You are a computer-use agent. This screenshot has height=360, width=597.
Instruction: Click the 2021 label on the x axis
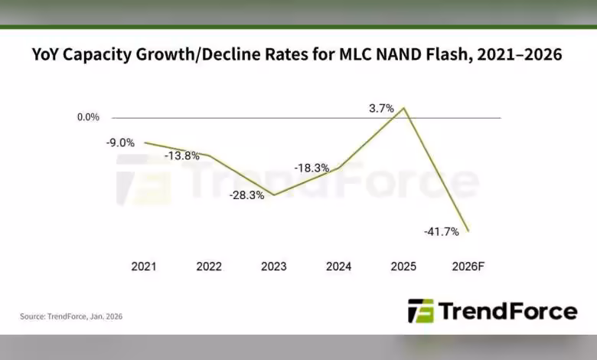click(x=144, y=267)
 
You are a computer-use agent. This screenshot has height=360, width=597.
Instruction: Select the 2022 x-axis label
click(x=209, y=267)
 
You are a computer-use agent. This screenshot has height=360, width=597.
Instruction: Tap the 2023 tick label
click(x=274, y=267)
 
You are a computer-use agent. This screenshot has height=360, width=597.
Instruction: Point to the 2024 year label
click(x=338, y=267)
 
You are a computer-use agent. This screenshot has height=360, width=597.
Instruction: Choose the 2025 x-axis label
click(x=403, y=267)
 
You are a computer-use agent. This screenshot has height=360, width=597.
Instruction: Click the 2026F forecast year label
click(x=468, y=267)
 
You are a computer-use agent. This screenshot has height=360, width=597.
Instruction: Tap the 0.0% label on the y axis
click(x=88, y=117)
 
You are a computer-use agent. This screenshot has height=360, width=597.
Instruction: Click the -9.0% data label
click(x=121, y=142)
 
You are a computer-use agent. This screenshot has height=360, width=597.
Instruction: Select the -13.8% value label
click(x=182, y=155)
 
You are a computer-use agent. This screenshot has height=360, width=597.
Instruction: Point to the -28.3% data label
click(x=246, y=195)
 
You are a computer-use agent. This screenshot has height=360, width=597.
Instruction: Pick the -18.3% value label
click(x=312, y=168)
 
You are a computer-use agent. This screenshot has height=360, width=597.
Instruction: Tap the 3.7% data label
click(x=381, y=109)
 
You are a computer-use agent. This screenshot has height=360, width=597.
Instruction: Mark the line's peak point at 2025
click(x=404, y=108)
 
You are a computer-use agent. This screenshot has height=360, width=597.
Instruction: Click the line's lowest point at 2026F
click(x=468, y=231)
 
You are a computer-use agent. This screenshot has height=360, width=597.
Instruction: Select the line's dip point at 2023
click(x=274, y=195)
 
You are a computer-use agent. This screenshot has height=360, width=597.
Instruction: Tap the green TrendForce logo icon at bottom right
click(x=420, y=311)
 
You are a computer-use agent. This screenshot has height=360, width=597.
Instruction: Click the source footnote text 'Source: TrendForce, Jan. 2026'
click(x=71, y=316)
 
